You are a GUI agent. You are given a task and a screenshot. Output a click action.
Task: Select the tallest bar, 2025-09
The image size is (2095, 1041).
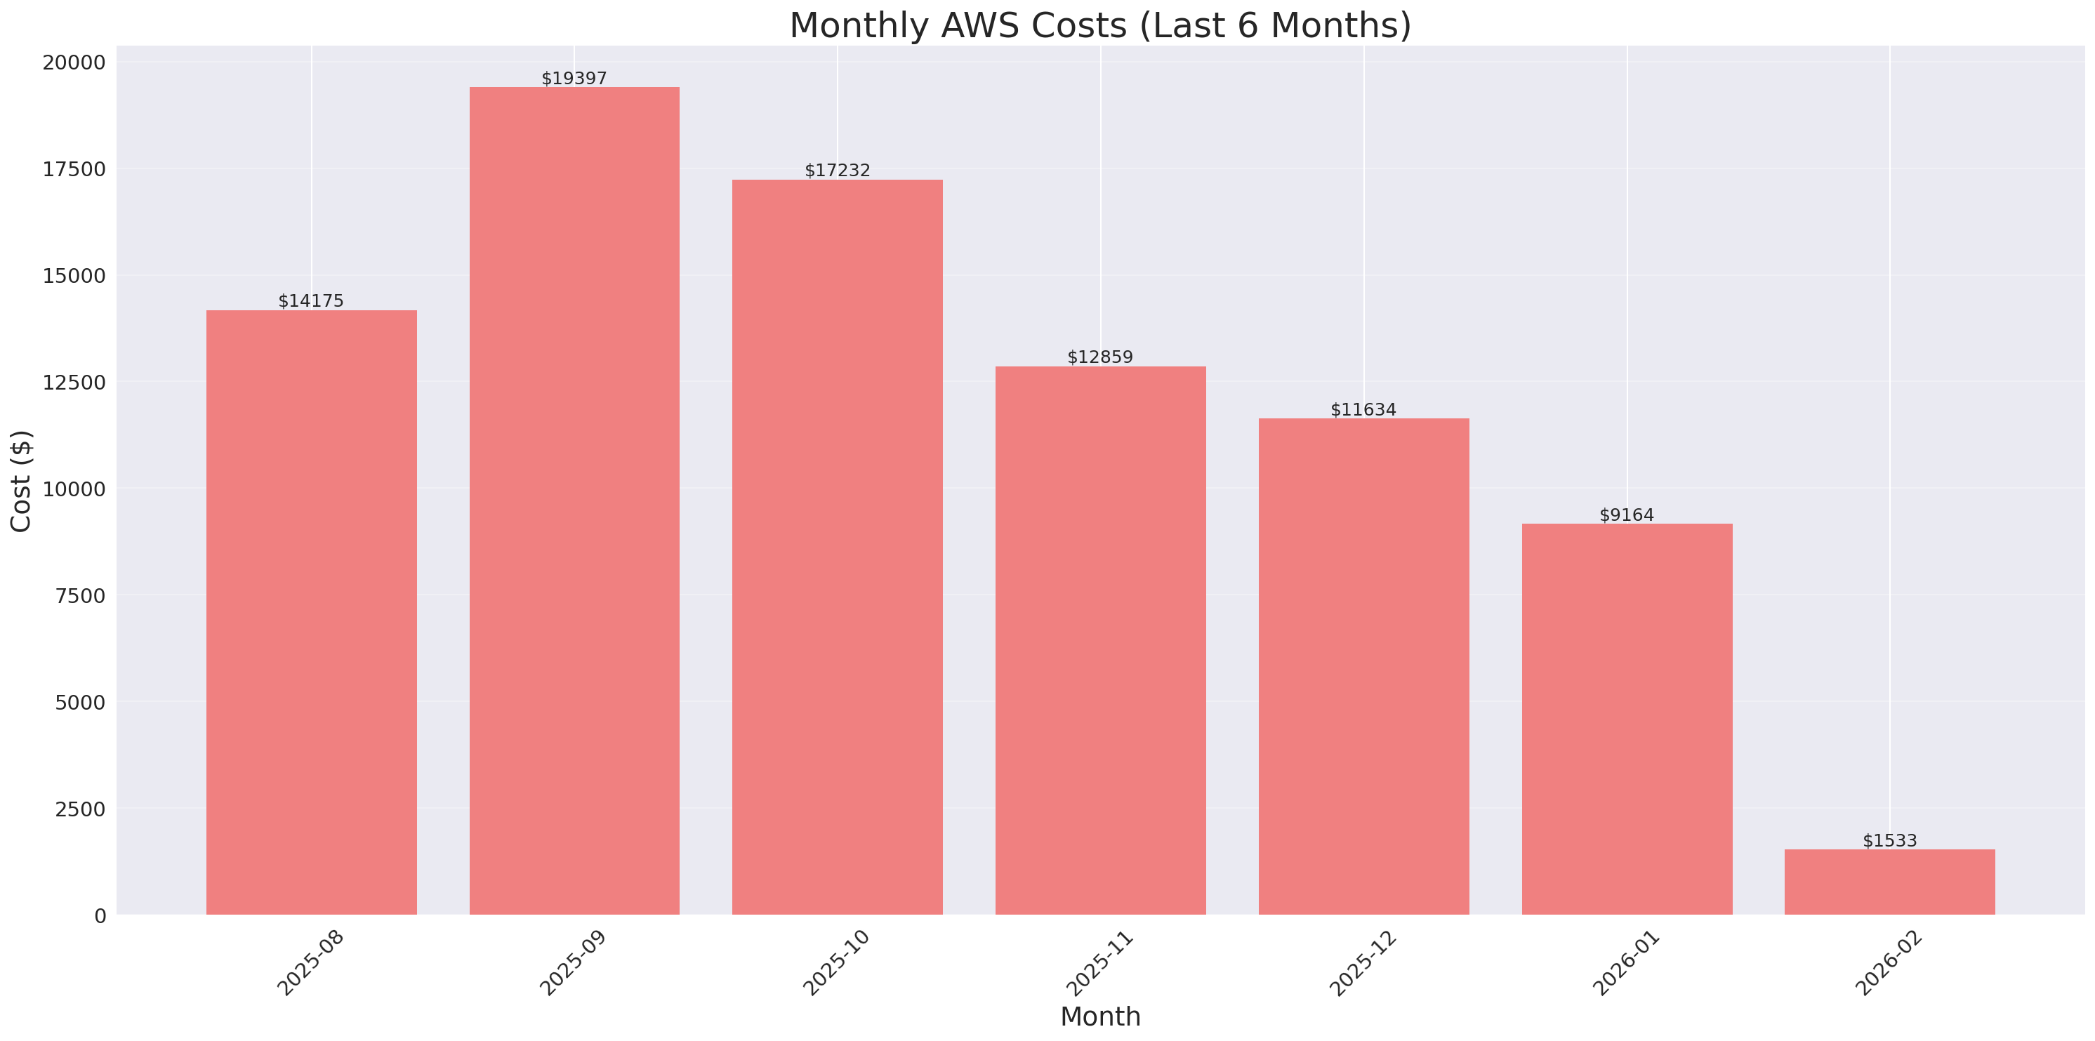tap(574, 500)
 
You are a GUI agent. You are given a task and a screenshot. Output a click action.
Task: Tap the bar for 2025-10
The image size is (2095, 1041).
tap(837, 547)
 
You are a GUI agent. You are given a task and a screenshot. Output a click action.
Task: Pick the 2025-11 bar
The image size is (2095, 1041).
tap(1100, 640)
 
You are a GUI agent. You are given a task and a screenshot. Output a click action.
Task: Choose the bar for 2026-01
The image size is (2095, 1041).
tap(1627, 719)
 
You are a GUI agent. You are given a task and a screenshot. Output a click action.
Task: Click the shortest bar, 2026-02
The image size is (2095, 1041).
tap(1889, 882)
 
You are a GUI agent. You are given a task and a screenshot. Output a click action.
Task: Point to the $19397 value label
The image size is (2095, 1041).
tap(574, 78)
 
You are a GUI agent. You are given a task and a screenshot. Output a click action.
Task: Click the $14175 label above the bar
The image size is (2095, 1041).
tap(311, 301)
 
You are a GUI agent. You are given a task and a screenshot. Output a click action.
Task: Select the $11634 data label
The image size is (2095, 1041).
tap(1363, 410)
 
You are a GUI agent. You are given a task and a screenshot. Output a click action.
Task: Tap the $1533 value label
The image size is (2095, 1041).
tap(1889, 841)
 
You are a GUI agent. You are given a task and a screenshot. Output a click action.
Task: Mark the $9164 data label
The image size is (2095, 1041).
tap(1627, 515)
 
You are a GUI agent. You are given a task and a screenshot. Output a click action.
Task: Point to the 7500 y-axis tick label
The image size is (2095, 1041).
tap(81, 596)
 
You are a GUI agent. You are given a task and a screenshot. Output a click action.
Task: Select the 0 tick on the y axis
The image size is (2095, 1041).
tap(100, 917)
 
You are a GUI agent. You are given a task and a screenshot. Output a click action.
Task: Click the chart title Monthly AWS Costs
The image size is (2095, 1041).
tap(1100, 25)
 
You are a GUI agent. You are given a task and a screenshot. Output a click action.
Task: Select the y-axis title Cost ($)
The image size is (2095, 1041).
tap(21, 481)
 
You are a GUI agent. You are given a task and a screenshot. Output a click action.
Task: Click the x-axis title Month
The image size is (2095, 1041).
tap(1100, 1016)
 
